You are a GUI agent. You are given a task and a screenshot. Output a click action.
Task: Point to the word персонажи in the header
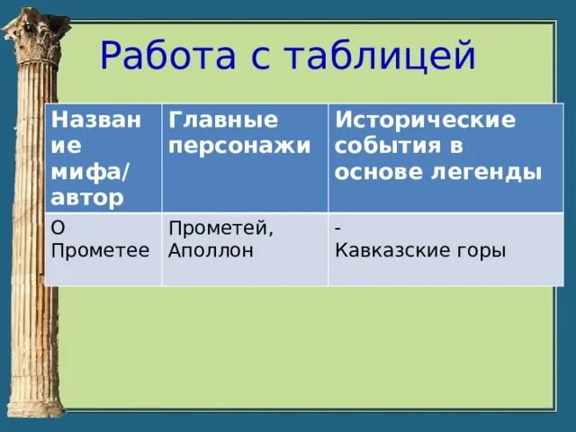pyautogui.click(x=239, y=146)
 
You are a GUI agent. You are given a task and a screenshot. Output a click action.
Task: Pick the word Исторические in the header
pyautogui.click(x=425, y=120)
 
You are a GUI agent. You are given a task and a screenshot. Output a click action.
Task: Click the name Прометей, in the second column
pyautogui.click(x=220, y=229)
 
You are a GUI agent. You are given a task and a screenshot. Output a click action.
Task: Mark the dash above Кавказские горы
pyautogui.click(x=337, y=229)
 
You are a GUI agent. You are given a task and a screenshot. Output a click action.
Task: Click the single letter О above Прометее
pyautogui.click(x=58, y=229)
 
